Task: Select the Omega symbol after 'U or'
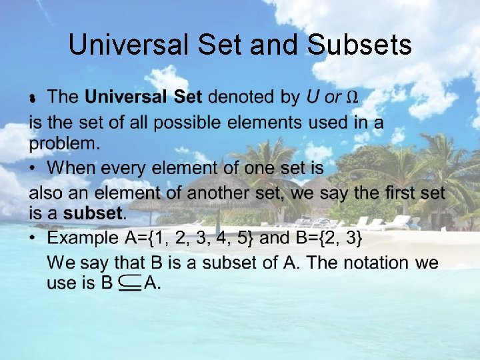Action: point(353,97)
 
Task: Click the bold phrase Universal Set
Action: point(143,97)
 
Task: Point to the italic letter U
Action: point(312,97)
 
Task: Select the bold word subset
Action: point(93,214)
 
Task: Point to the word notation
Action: point(377,262)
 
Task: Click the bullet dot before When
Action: point(33,167)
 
